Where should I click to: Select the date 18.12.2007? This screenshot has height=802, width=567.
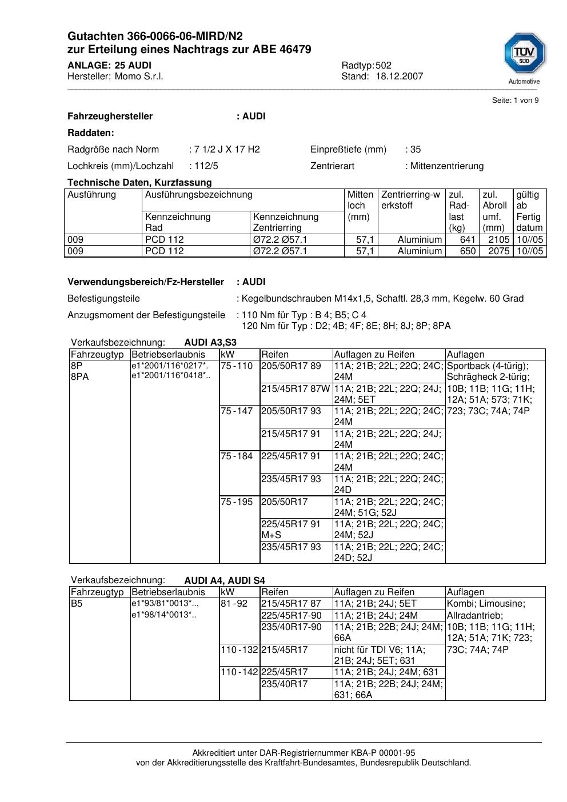pyautogui.click(x=400, y=76)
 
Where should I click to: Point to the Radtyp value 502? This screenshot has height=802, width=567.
pyautogui.click(x=384, y=65)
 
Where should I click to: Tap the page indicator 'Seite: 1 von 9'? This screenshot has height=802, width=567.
pyautogui.click(x=515, y=101)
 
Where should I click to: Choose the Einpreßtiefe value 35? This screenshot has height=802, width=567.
pyautogui.click(x=416, y=150)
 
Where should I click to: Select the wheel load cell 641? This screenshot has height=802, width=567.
pyautogui.click(x=468, y=240)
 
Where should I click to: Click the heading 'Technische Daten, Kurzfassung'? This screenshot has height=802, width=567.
pyautogui.click(x=139, y=183)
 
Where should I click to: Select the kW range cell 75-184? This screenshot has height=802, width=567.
pyautogui.click(x=237, y=456)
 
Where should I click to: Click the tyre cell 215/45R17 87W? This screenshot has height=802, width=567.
pyautogui.click(x=295, y=388)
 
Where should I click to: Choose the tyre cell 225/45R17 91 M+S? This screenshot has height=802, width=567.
pyautogui.click(x=291, y=530)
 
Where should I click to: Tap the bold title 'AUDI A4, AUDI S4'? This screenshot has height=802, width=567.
pyautogui.click(x=225, y=580)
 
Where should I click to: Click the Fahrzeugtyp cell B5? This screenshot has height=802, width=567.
pyautogui.click(x=77, y=604)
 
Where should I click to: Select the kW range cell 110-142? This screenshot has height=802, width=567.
pyautogui.click(x=239, y=672)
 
